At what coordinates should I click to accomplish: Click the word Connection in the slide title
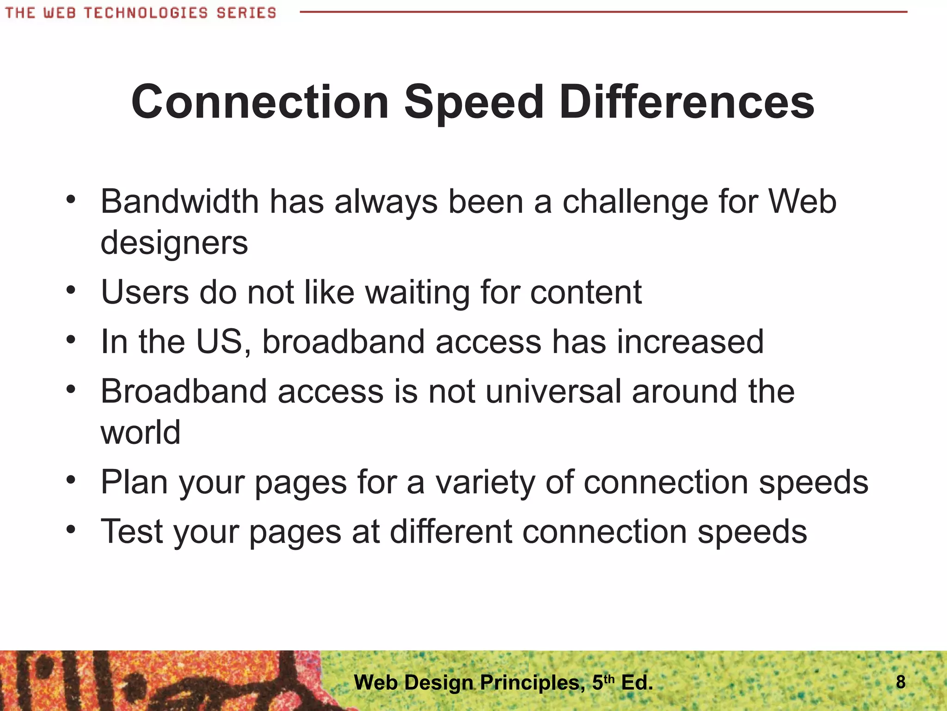click(x=260, y=102)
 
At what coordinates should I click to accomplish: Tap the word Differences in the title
click(x=687, y=102)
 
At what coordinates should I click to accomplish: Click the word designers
click(x=174, y=243)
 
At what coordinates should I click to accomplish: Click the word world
click(x=141, y=432)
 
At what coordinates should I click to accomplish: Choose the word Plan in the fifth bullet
click(x=134, y=482)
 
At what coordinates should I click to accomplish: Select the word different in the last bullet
click(x=451, y=531)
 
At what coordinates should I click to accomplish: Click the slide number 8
click(x=900, y=682)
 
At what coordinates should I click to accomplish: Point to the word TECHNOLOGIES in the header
click(x=146, y=12)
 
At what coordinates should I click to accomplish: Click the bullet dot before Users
click(x=70, y=291)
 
